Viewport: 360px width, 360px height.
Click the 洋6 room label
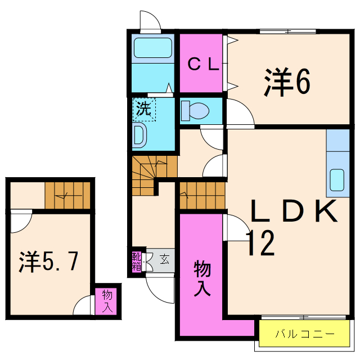tap(287, 83)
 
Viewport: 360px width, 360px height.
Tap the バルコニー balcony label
tap(304, 334)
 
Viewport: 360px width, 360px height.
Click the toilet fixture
tap(195, 110)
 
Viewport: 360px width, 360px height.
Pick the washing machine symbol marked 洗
tap(144, 109)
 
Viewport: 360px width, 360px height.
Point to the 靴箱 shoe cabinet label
tap(137, 262)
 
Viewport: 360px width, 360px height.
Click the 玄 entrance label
tap(164, 259)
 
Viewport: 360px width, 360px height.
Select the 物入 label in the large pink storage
tap(202, 278)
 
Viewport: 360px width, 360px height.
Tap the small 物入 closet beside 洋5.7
tap(107, 300)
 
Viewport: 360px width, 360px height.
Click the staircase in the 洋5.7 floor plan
tap(68, 195)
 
